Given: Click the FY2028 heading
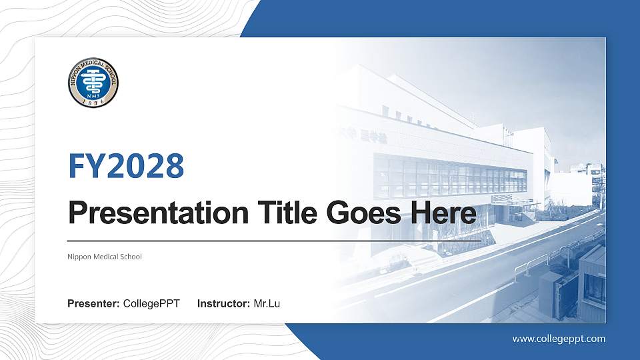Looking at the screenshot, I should pyautogui.click(x=126, y=166).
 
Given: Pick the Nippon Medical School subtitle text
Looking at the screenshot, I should pyautogui.click(x=105, y=257).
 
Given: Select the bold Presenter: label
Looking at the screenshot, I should pyautogui.click(x=93, y=304).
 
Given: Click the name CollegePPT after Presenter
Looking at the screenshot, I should pyautogui.click(x=152, y=304).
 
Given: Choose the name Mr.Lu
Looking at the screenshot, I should pyautogui.click(x=267, y=304).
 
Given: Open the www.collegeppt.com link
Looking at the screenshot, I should pyautogui.click(x=559, y=339).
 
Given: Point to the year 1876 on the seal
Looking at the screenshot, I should pyautogui.click(x=93, y=102).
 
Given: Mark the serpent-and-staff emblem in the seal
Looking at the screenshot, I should pyautogui.click(x=93, y=80).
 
